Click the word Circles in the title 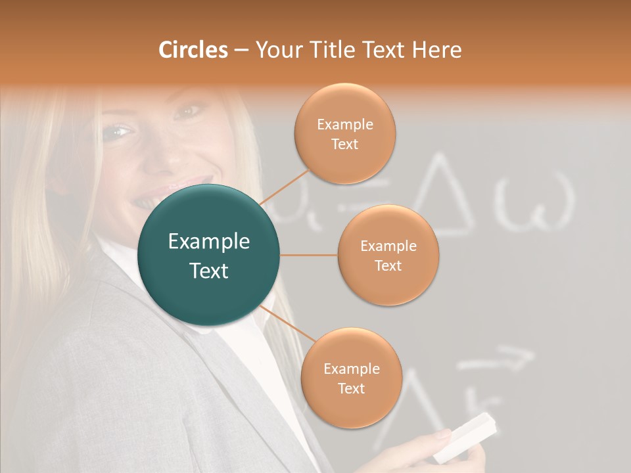tap(193, 49)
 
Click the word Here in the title tap(436, 49)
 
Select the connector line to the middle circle tap(308, 255)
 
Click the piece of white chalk tap(466, 436)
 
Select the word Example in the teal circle tap(209, 242)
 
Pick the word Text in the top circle tap(345, 145)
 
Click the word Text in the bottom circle tap(351, 389)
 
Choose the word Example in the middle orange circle tap(388, 246)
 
